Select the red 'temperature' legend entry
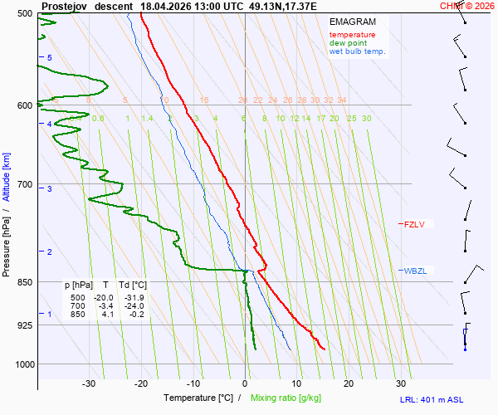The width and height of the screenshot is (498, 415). coord(352,35)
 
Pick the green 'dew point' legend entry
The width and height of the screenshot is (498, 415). coord(349,43)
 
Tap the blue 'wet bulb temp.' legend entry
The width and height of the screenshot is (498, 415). coord(357,51)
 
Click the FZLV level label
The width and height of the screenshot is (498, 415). coord(413,224)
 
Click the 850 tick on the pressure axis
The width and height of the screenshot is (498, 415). coord(23,282)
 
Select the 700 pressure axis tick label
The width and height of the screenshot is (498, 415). coord(23,184)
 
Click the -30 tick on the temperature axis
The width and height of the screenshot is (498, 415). coord(89,383)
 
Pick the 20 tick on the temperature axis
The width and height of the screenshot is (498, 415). coord(349,383)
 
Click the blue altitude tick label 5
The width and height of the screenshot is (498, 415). coord(50,57)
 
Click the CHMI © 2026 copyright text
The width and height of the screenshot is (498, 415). coord(467,6)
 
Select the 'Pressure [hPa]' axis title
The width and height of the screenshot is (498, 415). coord(7,246)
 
